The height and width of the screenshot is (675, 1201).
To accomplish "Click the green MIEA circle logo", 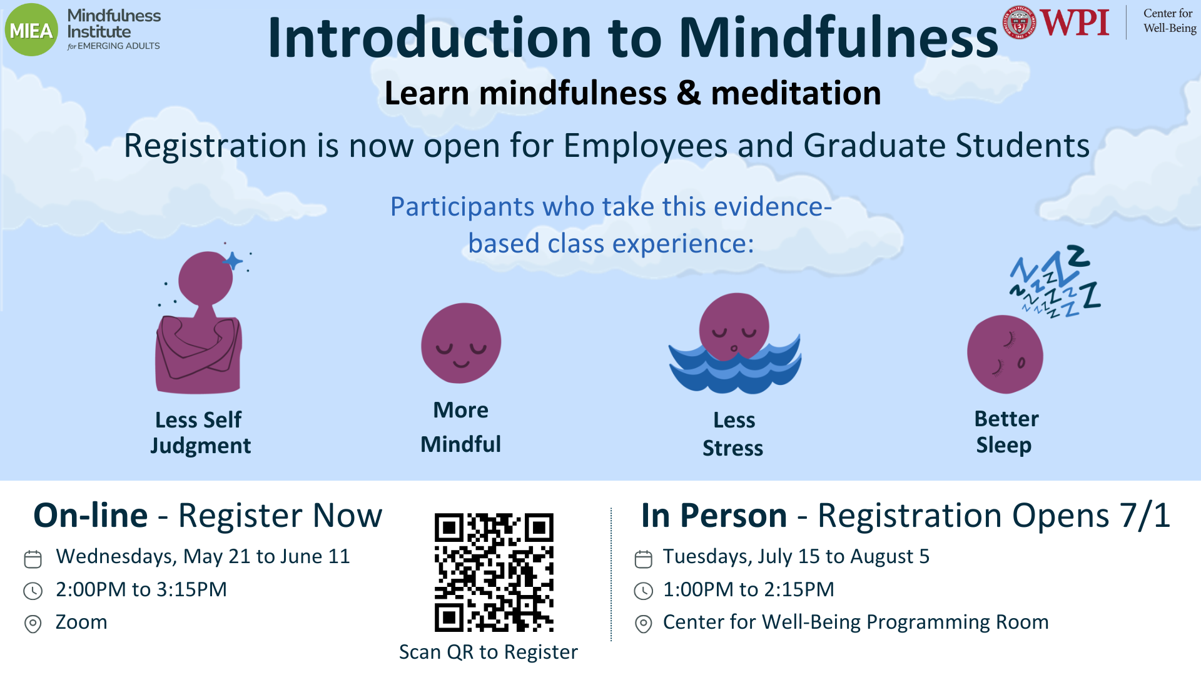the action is [31, 30].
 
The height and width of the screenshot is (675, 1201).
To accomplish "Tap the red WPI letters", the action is [1074, 22].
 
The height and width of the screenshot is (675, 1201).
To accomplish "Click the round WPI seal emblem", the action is [1020, 22].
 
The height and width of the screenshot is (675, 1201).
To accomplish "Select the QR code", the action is [494, 572].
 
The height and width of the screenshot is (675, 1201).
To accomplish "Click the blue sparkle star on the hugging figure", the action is [233, 261].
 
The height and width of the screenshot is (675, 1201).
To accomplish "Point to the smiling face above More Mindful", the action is [461, 343].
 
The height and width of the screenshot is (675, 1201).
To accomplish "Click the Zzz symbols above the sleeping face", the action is [1057, 281].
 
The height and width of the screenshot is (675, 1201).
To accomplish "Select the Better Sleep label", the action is [1006, 432].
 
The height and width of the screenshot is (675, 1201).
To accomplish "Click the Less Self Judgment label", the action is [200, 432].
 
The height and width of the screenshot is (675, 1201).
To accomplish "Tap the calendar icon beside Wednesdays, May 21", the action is [33, 559].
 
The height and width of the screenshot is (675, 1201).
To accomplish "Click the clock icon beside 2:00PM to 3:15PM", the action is [33, 591].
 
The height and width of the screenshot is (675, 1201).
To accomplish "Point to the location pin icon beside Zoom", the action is [33, 624].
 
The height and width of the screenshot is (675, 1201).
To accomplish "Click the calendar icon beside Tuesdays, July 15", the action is [643, 559].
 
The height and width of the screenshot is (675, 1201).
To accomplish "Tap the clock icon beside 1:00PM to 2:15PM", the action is [643, 591].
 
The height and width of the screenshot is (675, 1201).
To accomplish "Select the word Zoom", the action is [81, 622].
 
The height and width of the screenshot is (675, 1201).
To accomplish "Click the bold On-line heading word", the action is [91, 516].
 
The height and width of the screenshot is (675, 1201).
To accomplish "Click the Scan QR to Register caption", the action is [489, 652].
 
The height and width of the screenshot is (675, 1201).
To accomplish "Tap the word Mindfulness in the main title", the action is [838, 37].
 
